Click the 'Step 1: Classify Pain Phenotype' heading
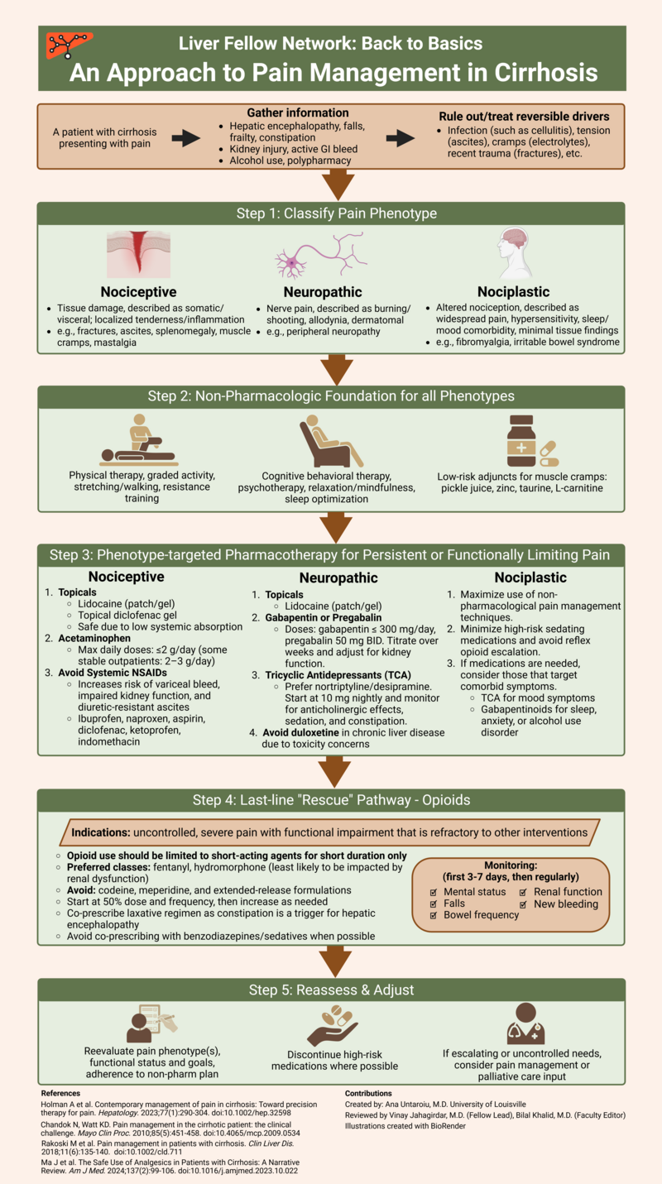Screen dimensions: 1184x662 (x=331, y=213)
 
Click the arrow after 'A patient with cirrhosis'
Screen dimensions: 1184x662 (x=187, y=138)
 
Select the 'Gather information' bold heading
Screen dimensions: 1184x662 (x=298, y=113)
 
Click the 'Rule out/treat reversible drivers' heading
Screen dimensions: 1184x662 (x=519, y=117)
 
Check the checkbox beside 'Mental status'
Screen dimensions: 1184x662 (x=434, y=892)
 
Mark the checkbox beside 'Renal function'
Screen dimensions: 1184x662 (x=524, y=892)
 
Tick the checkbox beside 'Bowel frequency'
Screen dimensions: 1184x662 (x=434, y=916)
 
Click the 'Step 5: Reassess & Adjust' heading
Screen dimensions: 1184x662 (x=331, y=990)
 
